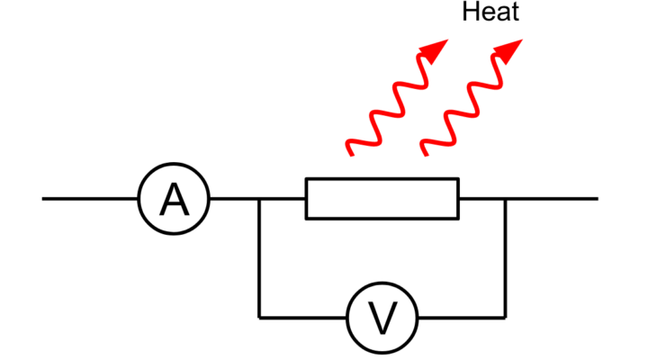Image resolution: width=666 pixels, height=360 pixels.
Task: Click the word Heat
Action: click(x=490, y=13)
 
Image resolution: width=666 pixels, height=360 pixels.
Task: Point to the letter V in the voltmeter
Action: click(x=382, y=319)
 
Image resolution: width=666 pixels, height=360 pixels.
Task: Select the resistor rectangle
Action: click(x=382, y=198)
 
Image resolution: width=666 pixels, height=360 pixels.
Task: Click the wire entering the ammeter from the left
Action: click(x=90, y=198)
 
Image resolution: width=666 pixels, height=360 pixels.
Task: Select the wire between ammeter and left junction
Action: click(x=234, y=198)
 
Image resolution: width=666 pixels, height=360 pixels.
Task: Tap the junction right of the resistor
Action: click(x=505, y=198)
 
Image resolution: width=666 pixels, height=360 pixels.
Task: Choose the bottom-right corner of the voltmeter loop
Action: click(x=505, y=317)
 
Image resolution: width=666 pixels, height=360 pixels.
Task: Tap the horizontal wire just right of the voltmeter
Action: click(x=459, y=317)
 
